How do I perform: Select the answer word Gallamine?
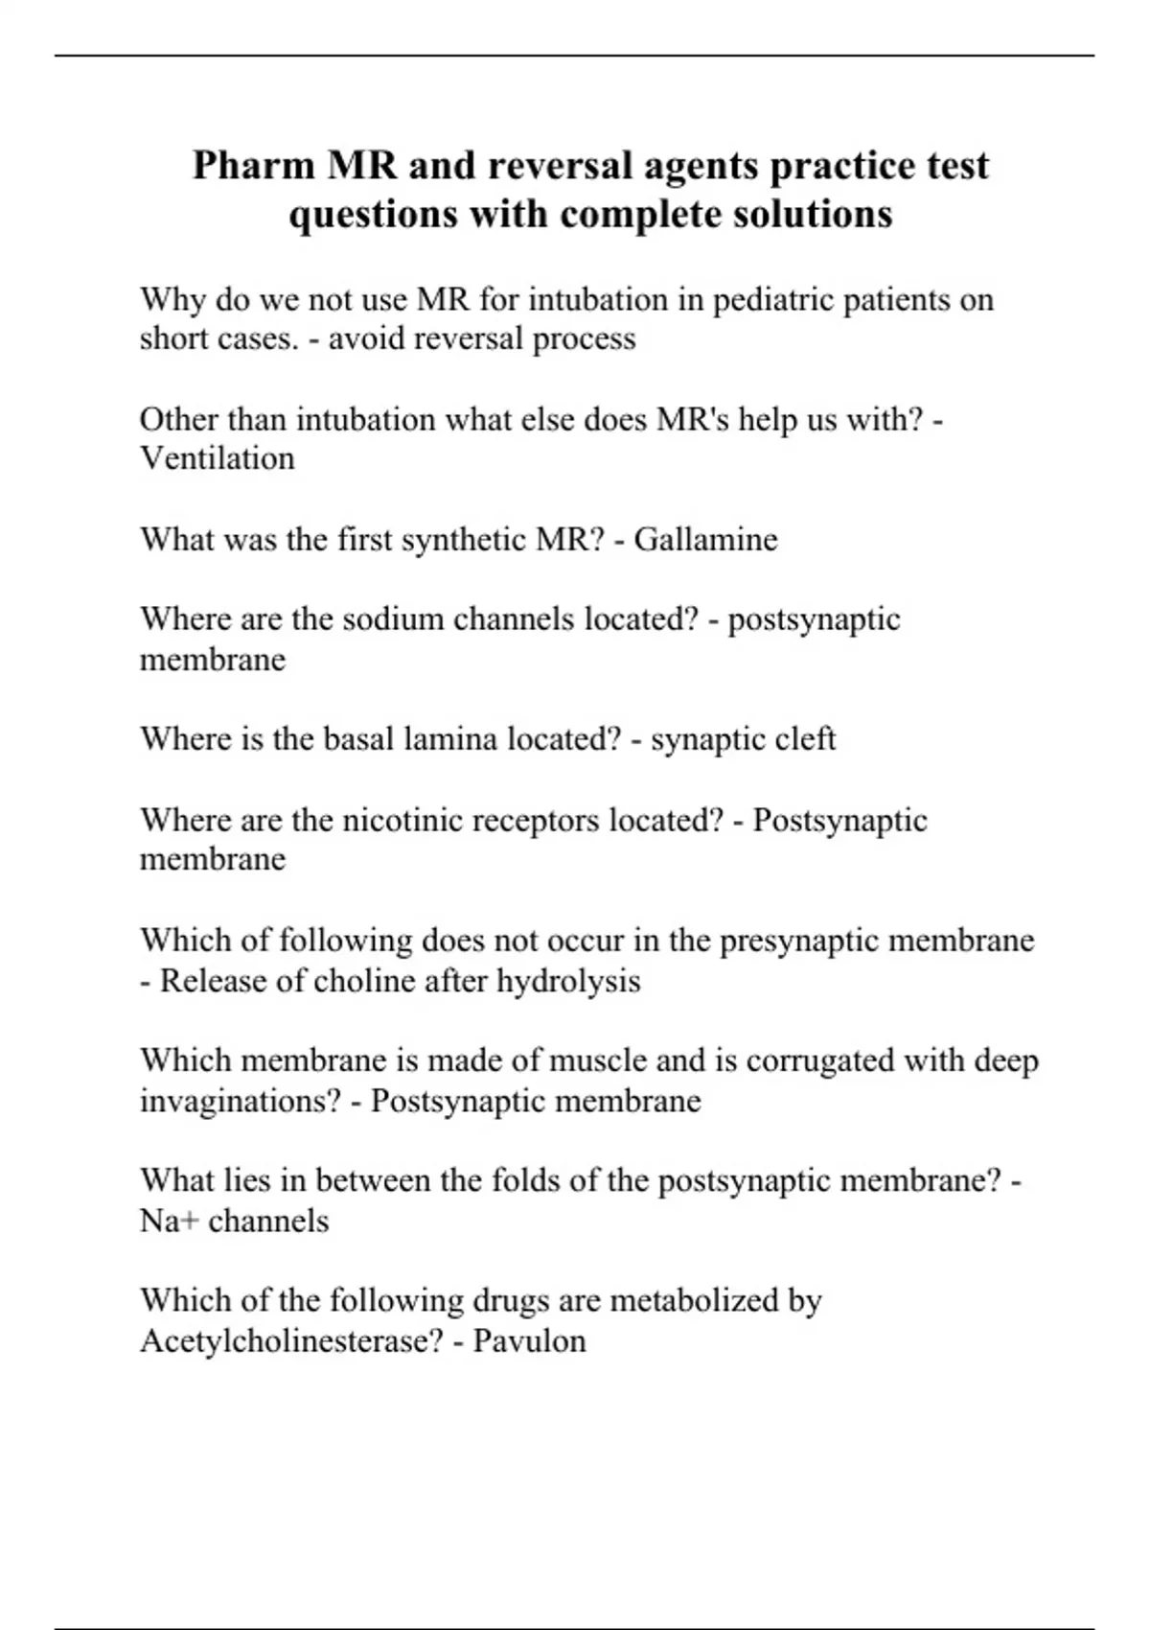coord(705,539)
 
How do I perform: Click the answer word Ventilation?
coord(218,458)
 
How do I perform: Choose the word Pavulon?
coord(529,1339)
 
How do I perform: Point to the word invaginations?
coord(240,1101)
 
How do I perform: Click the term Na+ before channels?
coord(169,1221)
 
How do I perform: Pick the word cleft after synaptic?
coord(810,739)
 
